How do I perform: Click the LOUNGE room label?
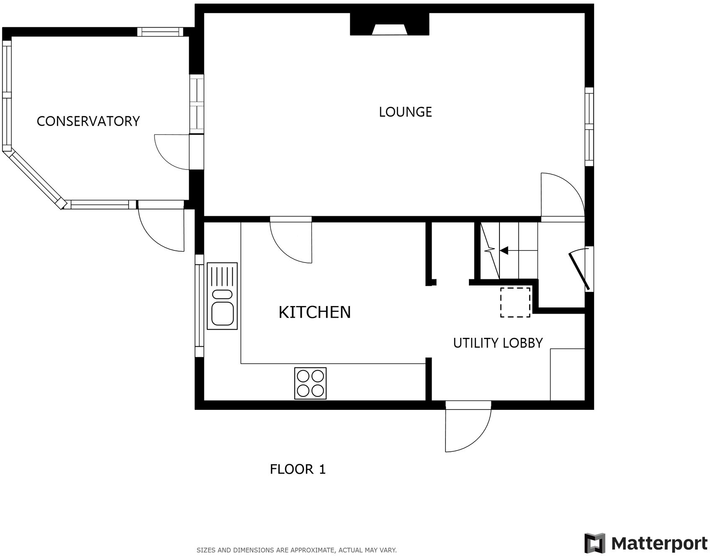tap(405, 112)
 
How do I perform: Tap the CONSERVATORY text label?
tap(88, 121)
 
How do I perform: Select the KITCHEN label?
tap(314, 312)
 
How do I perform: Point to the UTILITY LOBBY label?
tap(497, 343)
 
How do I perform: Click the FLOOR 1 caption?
tap(297, 469)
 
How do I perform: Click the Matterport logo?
tap(645, 543)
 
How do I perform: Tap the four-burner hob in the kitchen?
tap(310, 383)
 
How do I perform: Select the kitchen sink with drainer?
tap(222, 296)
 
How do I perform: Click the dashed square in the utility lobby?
tap(515, 302)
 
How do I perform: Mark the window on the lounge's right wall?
tap(589, 126)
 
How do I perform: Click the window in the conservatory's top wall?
tap(160, 32)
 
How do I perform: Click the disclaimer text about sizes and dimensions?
tap(296, 550)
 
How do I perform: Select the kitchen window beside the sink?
tap(200, 306)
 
